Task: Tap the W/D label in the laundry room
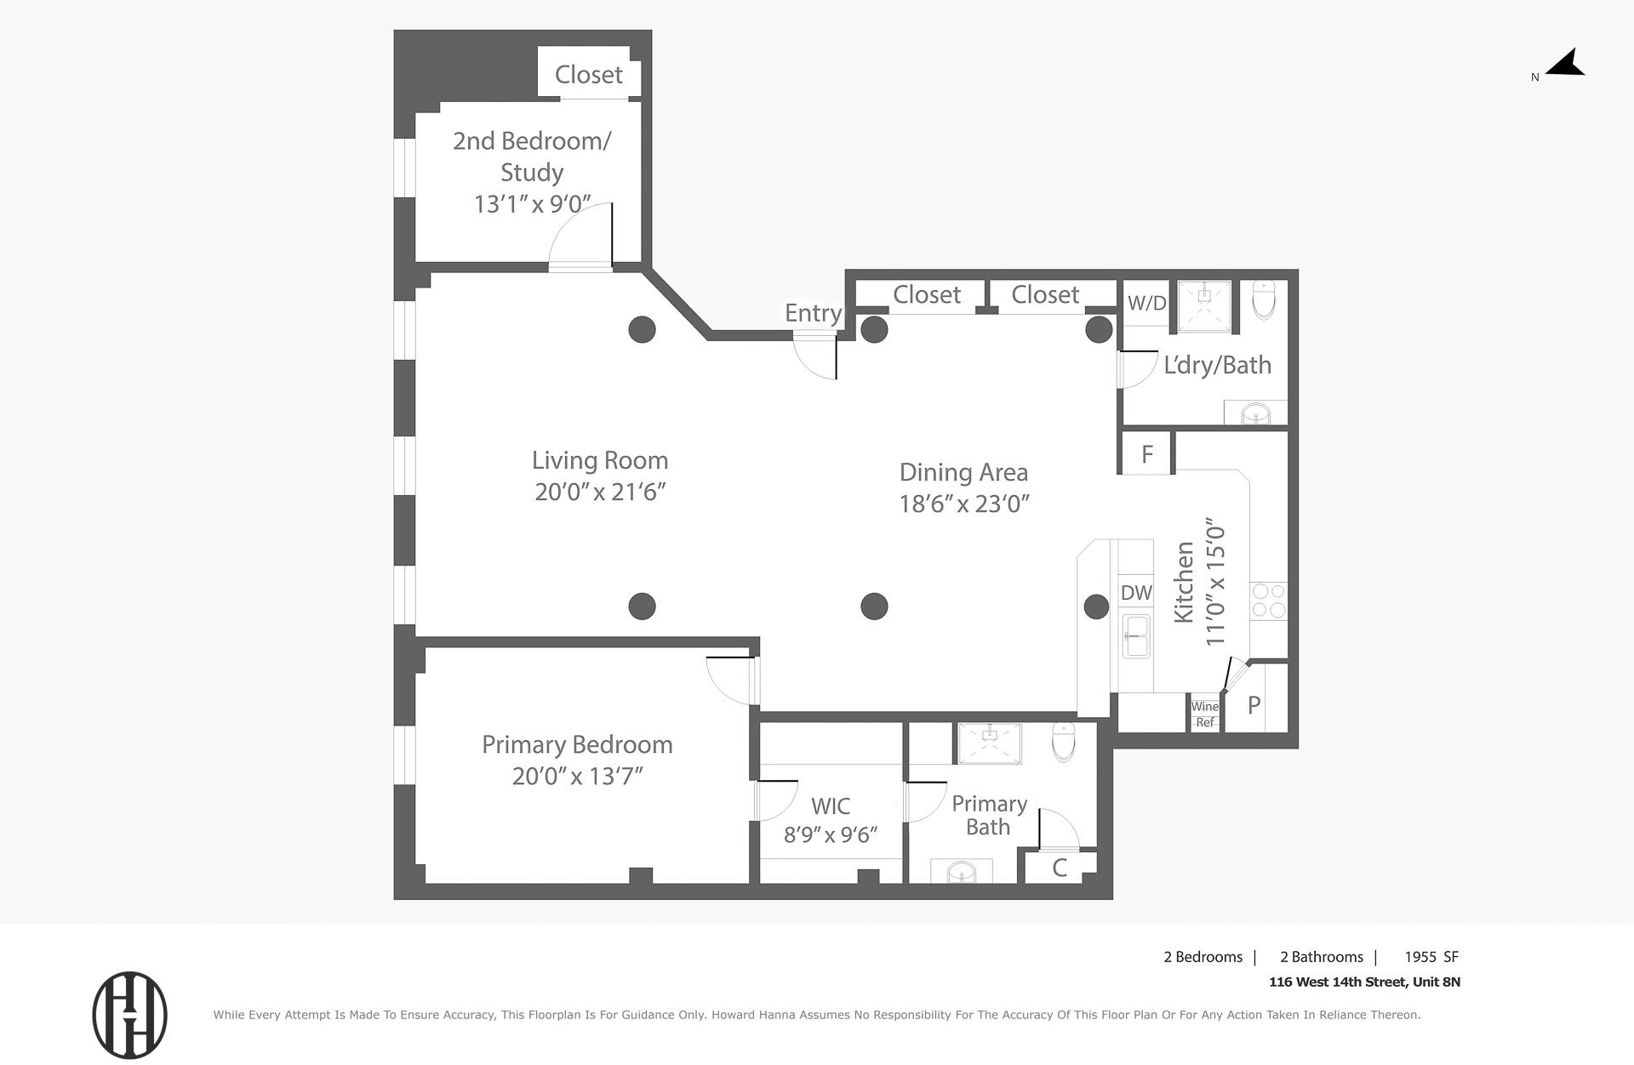coord(1146,303)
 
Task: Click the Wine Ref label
coord(1204,714)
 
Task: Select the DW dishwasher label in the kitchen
coord(1136,593)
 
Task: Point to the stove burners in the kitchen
coord(1268,601)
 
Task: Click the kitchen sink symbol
coord(1136,636)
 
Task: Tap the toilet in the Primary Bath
coord(1064,742)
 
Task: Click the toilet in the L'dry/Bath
coord(1264,299)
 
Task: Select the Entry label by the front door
coord(813,313)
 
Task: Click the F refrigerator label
coord(1146,454)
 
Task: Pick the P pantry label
coord(1254,705)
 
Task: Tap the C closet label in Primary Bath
coord(1060,868)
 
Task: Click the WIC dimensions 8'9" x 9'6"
coord(830,835)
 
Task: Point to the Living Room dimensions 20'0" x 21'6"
coord(600,492)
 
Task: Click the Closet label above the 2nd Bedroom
coord(588,75)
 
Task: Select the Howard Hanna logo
coord(129,1015)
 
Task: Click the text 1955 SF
coord(1431,957)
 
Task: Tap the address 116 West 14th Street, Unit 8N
coord(1364,982)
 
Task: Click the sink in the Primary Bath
coord(962,873)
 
